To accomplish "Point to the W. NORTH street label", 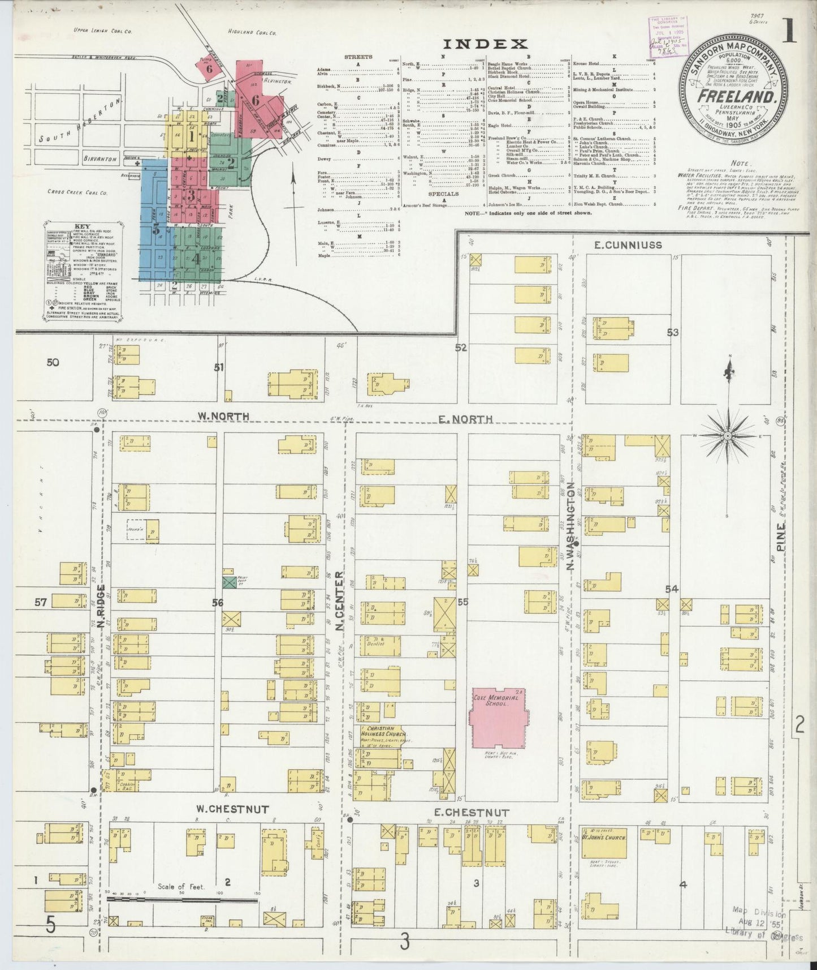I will click(215, 417).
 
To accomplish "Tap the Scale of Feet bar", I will click(181, 898).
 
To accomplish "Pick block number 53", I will click(672, 332).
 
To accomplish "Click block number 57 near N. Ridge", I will click(40, 602).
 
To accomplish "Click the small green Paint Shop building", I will click(228, 582).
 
